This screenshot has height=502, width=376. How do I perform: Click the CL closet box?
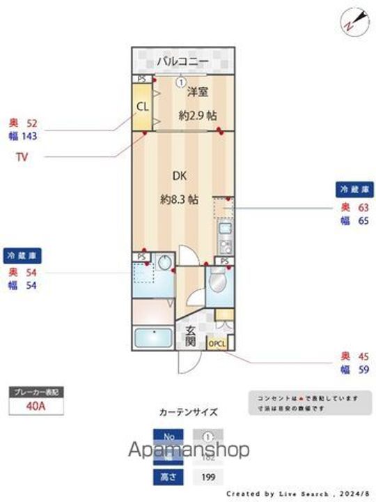[142, 107]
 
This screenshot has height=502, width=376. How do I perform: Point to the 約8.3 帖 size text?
[180, 199]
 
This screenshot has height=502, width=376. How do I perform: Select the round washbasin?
[165, 263]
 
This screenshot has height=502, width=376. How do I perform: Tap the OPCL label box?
[217, 343]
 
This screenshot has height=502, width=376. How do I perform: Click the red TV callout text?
[22, 158]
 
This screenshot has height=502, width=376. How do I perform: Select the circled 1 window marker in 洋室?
[180, 82]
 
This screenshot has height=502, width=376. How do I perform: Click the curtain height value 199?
[207, 477]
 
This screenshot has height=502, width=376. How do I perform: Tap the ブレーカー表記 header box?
[36, 392]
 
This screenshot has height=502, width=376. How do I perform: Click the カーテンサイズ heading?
[188, 412]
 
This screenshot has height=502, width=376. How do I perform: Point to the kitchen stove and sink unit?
[225, 237]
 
